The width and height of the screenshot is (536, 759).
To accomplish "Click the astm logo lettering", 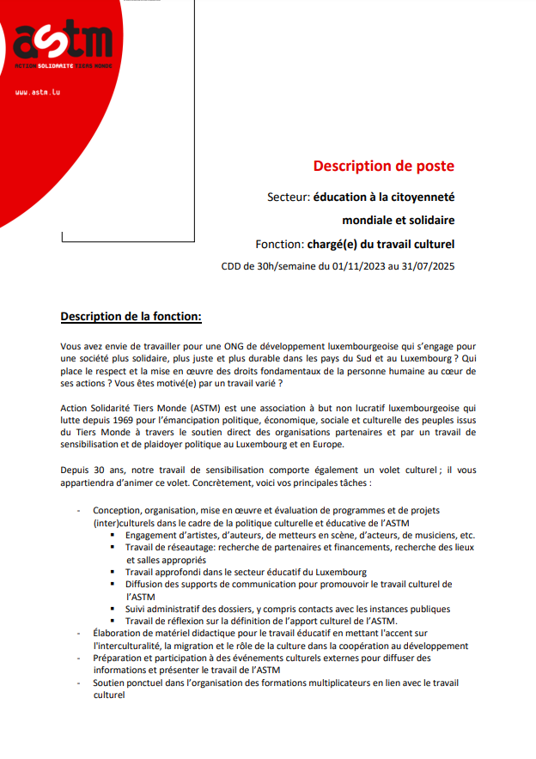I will [64, 39].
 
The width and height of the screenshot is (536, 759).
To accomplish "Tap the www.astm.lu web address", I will [38, 92].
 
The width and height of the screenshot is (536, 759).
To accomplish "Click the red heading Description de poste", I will [383, 166].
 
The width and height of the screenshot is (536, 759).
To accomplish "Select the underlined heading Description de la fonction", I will [131, 316].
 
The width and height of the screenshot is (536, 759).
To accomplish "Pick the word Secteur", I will [288, 197].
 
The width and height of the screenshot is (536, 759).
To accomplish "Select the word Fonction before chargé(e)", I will [281, 243].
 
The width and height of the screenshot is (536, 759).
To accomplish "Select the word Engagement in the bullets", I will [156, 535].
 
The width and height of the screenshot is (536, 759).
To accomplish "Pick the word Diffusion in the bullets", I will [147, 584].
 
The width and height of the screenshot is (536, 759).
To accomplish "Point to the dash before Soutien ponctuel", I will [79, 683].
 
